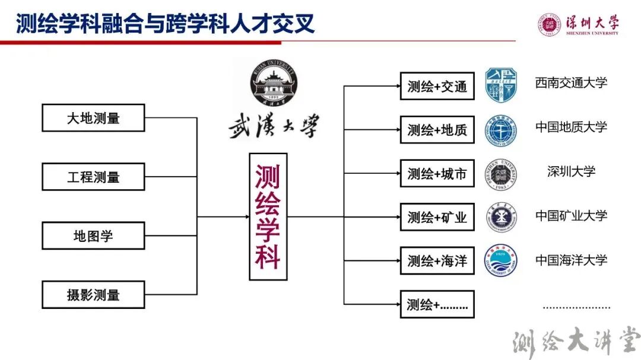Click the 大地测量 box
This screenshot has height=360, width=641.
point(93,117)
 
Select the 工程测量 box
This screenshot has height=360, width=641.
point(93,177)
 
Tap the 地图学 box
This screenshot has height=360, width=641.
point(93,235)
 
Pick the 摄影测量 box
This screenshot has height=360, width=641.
point(93,294)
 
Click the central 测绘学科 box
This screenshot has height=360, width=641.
point(268,216)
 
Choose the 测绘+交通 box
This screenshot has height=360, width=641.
point(437,86)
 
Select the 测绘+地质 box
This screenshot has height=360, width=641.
point(437,130)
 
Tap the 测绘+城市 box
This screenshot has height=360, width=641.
point(437,174)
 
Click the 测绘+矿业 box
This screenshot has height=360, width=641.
point(437,217)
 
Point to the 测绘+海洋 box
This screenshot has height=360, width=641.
point(437,261)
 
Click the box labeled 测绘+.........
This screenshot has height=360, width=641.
point(437,305)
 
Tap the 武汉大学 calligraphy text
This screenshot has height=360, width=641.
point(274,127)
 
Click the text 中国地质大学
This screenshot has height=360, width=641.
point(571,127)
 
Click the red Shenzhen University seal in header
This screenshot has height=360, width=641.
point(550,25)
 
